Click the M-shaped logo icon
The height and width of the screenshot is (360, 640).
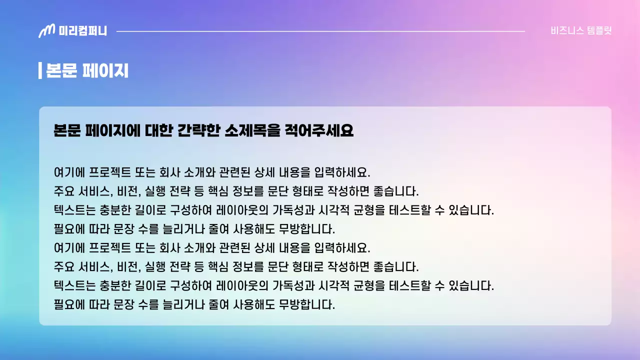pyautogui.click(x=46, y=31)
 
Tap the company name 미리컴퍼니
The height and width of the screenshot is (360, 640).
pyautogui.click(x=82, y=31)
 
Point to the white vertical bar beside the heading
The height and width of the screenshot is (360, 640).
pyautogui.click(x=40, y=70)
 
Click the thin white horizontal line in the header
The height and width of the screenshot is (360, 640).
pyautogui.click(x=320, y=31)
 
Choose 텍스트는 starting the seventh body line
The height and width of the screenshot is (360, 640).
pyautogui.click(x=74, y=285)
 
